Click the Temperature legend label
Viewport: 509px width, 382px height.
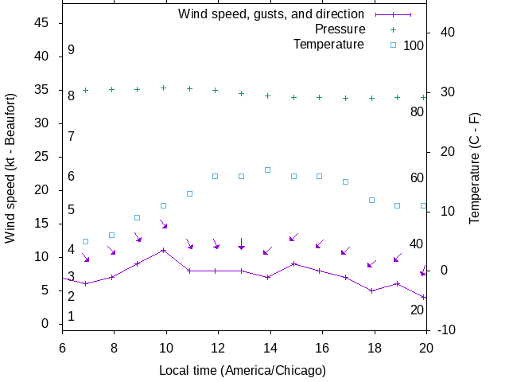[328, 44]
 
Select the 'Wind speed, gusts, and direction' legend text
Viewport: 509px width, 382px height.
[271, 14]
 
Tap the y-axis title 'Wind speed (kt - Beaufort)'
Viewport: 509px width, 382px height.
[10, 176]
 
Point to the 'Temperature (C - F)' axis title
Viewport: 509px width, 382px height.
[475, 167]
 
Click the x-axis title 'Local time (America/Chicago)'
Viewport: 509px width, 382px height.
[243, 370]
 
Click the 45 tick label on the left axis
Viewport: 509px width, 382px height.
[42, 23]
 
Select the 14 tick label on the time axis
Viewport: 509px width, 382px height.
[270, 347]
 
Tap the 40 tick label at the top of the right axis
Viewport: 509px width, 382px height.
[447, 33]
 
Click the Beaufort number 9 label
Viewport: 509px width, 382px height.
[71, 50]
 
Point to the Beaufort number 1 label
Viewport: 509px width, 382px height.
[71, 316]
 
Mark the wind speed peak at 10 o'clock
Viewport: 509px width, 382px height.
[163, 250]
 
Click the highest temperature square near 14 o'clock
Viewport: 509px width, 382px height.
[268, 170]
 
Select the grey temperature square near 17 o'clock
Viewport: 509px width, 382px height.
[345, 181]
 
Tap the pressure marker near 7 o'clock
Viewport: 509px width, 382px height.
[85, 90]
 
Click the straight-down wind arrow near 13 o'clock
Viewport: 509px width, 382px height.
[241, 243]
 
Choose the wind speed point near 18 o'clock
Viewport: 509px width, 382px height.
[371, 290]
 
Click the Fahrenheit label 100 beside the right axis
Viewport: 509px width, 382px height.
[414, 45]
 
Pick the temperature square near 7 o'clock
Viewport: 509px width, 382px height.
[85, 241]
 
